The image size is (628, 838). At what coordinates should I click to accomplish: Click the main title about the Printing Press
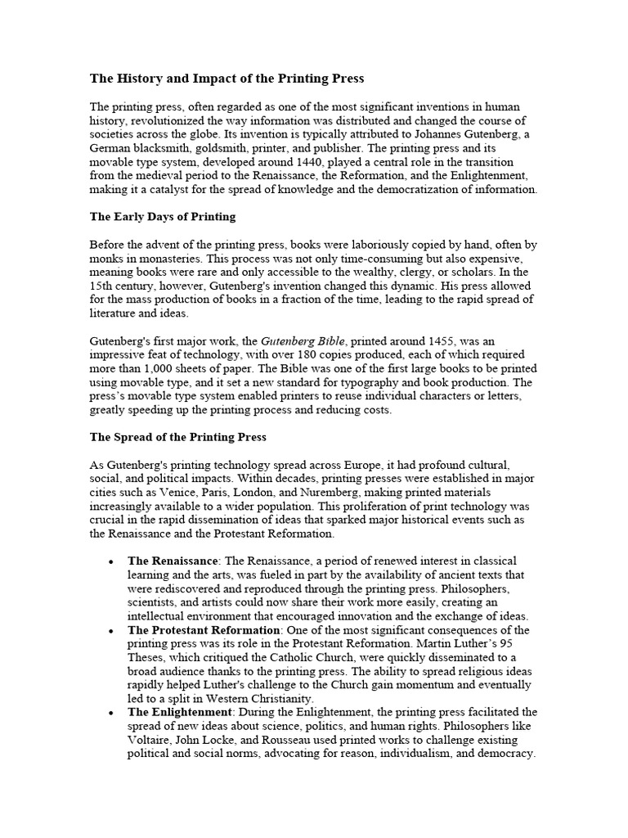tap(227, 79)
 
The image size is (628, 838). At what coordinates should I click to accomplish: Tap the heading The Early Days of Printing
tap(162, 217)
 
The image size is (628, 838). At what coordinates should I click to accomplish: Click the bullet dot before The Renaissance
tap(110, 561)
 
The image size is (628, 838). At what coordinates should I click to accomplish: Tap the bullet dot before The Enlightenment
tap(110, 713)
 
